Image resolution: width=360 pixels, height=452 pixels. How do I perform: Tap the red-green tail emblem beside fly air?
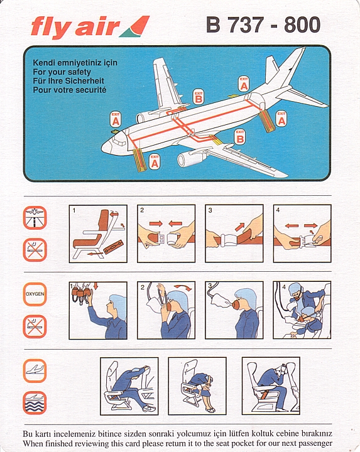pyautogui.click(x=135, y=26)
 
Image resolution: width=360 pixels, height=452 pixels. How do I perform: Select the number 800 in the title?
pyautogui.click(x=302, y=24)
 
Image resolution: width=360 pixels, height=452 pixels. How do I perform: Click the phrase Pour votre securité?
pyautogui.click(x=70, y=90)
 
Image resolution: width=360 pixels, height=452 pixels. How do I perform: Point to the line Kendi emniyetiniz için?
pyautogui.click(x=75, y=63)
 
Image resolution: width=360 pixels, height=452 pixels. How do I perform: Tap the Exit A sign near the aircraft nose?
pyautogui.click(x=116, y=120)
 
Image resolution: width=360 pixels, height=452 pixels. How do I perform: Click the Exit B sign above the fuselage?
pyautogui.click(x=199, y=97)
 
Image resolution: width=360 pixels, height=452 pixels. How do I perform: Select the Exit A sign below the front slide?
pyautogui.click(x=155, y=161)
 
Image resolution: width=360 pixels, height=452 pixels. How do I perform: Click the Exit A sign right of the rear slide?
pyautogui.click(x=281, y=119)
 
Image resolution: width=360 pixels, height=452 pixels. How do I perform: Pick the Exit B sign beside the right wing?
pyautogui.click(x=240, y=137)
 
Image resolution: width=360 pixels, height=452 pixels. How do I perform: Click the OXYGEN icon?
pyautogui.click(x=35, y=294)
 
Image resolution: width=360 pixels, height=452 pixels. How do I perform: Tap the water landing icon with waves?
pyautogui.click(x=35, y=402)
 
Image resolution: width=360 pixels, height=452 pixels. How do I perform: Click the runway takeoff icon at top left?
pyautogui.click(x=35, y=218)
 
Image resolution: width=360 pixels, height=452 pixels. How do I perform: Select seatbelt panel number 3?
pyautogui.click(x=234, y=234)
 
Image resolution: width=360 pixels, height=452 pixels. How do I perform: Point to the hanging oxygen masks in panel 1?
pyautogui.click(x=81, y=293)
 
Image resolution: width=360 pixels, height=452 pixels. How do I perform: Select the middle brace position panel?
pyautogui.click(x=197, y=386)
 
